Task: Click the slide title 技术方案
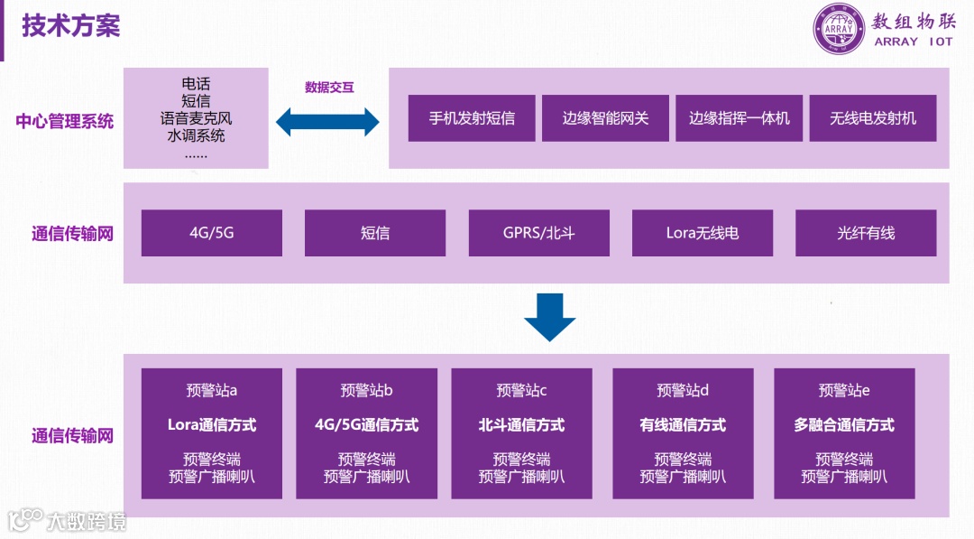click(71, 25)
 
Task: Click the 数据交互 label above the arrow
click(329, 88)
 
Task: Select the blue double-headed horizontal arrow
click(327, 121)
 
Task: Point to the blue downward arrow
click(549, 317)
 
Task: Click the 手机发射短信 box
click(472, 118)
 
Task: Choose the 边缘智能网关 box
click(605, 118)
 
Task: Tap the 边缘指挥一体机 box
click(739, 118)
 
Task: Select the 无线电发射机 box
click(872, 118)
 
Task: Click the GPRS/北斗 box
click(538, 233)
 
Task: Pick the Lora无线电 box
click(703, 233)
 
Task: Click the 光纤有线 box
click(866, 233)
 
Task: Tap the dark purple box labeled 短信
click(375, 233)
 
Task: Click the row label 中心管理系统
click(65, 121)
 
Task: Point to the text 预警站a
click(212, 390)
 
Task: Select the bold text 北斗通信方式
click(521, 424)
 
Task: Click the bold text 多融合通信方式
click(844, 424)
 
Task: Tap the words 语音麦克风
click(196, 118)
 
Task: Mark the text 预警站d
click(683, 390)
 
